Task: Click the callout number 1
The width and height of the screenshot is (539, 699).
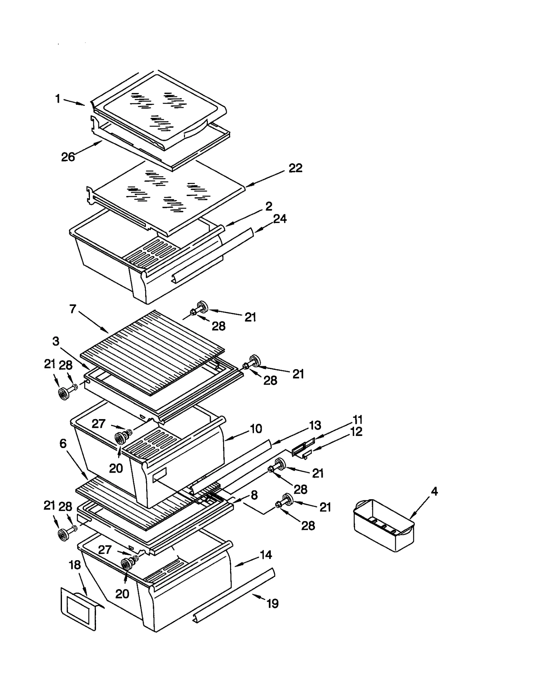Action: click(x=58, y=99)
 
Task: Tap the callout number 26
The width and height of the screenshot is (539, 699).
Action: click(x=68, y=157)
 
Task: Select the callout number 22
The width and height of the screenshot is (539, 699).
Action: click(x=295, y=168)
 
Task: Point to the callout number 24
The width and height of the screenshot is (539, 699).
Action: click(x=280, y=219)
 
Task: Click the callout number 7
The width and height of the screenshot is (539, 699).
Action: click(x=73, y=309)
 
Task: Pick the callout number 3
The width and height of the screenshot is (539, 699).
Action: click(x=56, y=341)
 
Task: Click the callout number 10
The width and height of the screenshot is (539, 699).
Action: click(x=256, y=429)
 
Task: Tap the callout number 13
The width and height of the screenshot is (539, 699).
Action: click(x=315, y=425)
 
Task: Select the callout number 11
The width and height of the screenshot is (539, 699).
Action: click(x=357, y=420)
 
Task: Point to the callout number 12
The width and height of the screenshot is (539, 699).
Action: click(x=356, y=432)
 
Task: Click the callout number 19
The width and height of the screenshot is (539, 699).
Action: click(x=273, y=603)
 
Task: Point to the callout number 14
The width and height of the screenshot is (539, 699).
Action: click(x=266, y=555)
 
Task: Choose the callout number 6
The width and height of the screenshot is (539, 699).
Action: click(x=63, y=444)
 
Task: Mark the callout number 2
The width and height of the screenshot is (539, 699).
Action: click(x=268, y=206)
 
